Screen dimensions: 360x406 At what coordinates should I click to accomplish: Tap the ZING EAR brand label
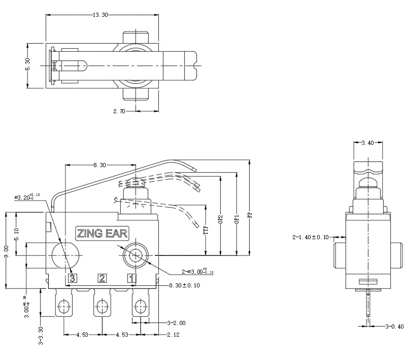click(102, 234)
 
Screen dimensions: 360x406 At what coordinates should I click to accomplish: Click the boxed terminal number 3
click(73, 278)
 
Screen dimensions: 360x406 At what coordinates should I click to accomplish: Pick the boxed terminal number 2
click(103, 278)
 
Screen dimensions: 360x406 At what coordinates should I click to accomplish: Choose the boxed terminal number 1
click(132, 278)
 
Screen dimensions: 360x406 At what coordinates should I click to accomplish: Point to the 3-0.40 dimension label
click(394, 326)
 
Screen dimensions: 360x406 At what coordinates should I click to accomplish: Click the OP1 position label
click(235, 220)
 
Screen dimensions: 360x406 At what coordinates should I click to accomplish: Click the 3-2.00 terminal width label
click(176, 322)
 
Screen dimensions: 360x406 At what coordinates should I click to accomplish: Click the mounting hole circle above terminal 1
click(134, 255)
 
